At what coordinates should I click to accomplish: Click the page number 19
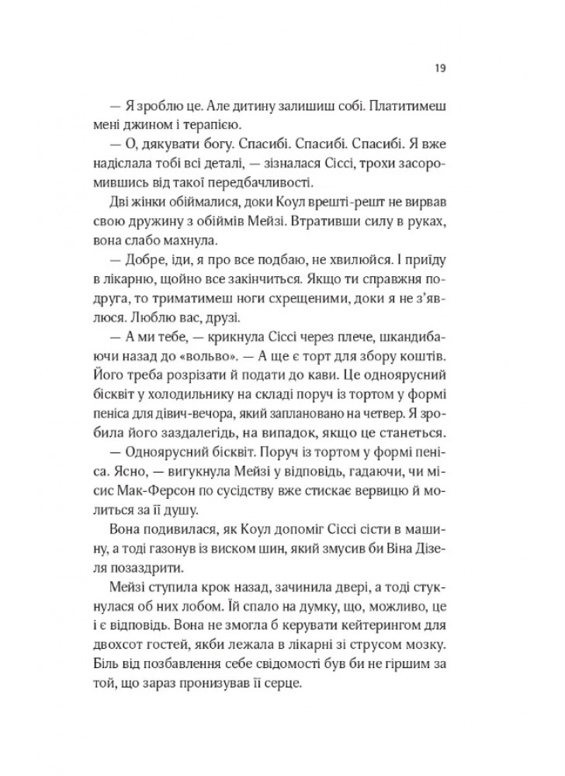(438, 68)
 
